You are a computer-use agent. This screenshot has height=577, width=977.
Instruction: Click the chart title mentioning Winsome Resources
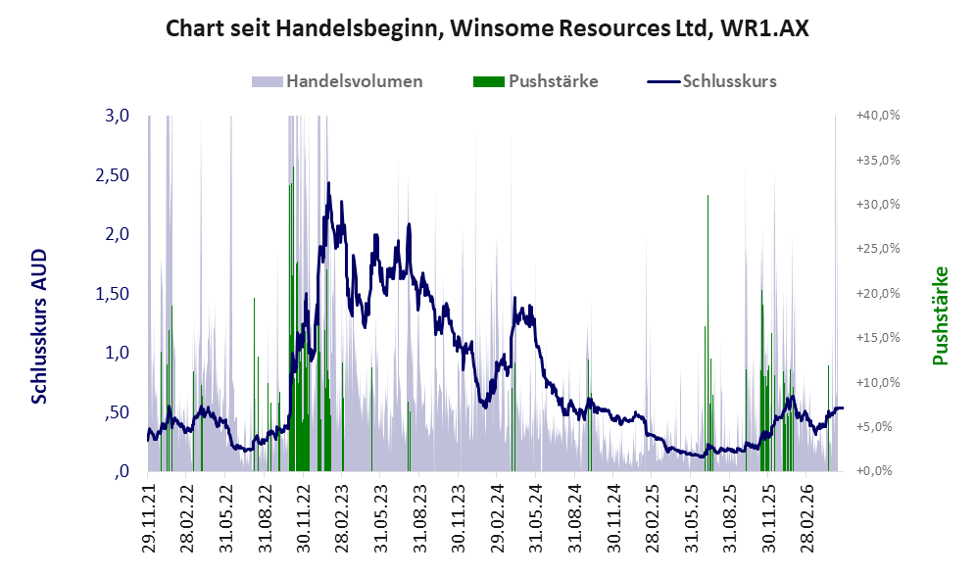(487, 28)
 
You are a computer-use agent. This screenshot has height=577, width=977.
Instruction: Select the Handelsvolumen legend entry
(337, 81)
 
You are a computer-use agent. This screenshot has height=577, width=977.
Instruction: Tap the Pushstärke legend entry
(536, 81)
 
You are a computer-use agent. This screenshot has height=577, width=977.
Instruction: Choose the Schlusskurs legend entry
(712, 81)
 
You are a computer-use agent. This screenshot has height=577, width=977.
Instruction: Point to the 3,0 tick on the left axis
(118, 116)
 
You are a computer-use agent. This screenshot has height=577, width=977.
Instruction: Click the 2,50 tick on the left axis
(113, 175)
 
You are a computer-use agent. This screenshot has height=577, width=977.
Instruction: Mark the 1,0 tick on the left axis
(118, 353)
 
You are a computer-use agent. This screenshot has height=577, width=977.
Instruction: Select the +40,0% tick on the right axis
(879, 116)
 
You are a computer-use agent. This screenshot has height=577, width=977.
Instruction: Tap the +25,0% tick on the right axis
(879, 249)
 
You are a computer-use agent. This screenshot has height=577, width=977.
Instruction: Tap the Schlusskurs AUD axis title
(39, 326)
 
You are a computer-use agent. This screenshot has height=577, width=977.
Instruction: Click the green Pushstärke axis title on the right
(940, 315)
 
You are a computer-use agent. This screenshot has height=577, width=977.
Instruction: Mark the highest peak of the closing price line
(328, 183)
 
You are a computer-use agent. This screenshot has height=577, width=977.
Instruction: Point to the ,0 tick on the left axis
(122, 472)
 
